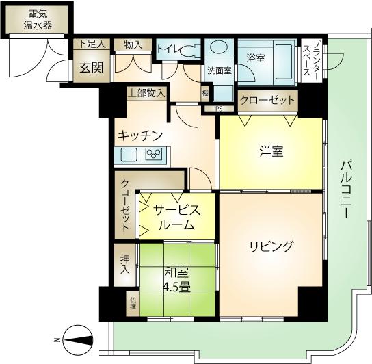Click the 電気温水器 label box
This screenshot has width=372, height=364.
pos(38,19)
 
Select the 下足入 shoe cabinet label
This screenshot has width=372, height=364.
pos(91,44)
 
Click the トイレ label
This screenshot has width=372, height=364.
pos(168,49)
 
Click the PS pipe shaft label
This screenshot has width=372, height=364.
pos(219,108)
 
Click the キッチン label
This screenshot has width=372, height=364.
pos(139,135)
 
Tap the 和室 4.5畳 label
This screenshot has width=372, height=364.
pos(176,279)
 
